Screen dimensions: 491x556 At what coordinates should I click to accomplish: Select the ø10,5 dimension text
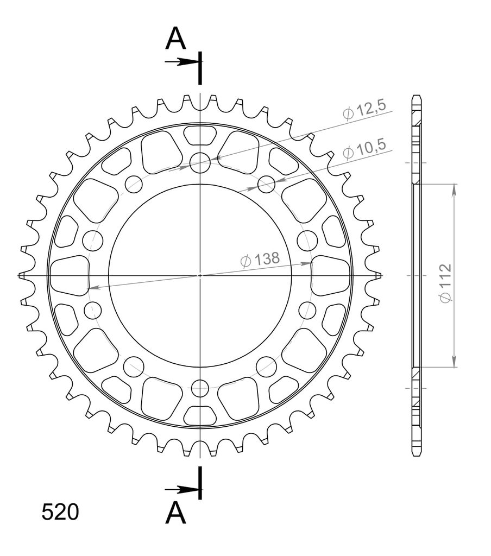(364, 149)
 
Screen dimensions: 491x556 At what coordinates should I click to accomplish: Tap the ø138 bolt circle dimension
(260, 260)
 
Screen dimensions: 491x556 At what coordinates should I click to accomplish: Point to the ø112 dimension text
(445, 283)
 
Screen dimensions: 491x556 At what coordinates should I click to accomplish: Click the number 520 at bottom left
(60, 512)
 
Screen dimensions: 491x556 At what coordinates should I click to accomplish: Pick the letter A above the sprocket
(175, 39)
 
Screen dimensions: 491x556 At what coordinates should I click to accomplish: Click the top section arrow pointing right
(181, 62)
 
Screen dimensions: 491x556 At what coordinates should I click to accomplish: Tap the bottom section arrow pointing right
(181, 490)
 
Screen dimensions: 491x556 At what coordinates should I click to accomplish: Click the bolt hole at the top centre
(200, 163)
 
